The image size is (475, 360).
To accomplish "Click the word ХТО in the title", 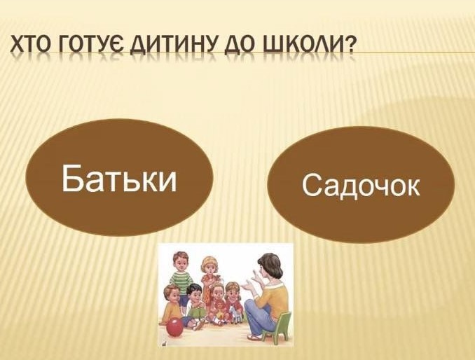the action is (x=29, y=43).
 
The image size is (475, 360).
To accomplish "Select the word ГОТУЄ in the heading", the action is (x=90, y=44).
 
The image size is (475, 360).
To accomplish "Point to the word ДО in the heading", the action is (x=242, y=44).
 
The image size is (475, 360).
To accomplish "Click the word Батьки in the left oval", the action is (x=119, y=178).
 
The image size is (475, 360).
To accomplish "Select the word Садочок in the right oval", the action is (x=361, y=186).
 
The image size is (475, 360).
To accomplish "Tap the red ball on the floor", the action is (x=175, y=327).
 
